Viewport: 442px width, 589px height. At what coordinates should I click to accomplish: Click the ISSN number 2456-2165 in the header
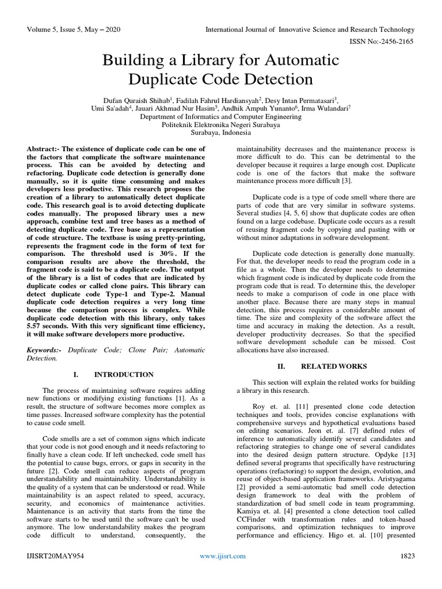pyautogui.click(x=397, y=42)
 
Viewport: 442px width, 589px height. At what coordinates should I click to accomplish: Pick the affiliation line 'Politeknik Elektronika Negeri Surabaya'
pyautogui.click(x=221, y=124)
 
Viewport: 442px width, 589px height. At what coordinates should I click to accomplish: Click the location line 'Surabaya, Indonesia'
pyautogui.click(x=221, y=132)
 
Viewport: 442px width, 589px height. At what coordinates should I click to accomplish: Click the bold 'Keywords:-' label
pyautogui.click(x=47, y=349)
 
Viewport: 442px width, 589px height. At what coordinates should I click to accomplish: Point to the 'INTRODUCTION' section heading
pyautogui.click(x=125, y=374)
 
